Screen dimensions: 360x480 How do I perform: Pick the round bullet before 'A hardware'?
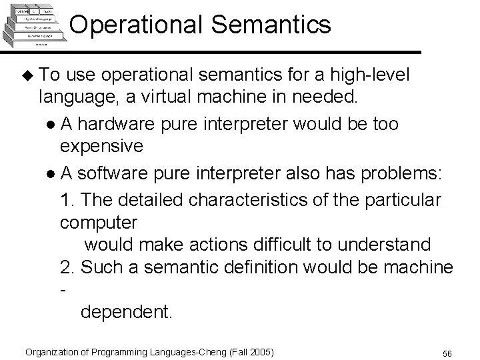(51, 124)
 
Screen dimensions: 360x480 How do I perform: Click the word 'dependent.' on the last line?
(126, 312)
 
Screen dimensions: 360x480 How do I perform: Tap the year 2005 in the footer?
(261, 351)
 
